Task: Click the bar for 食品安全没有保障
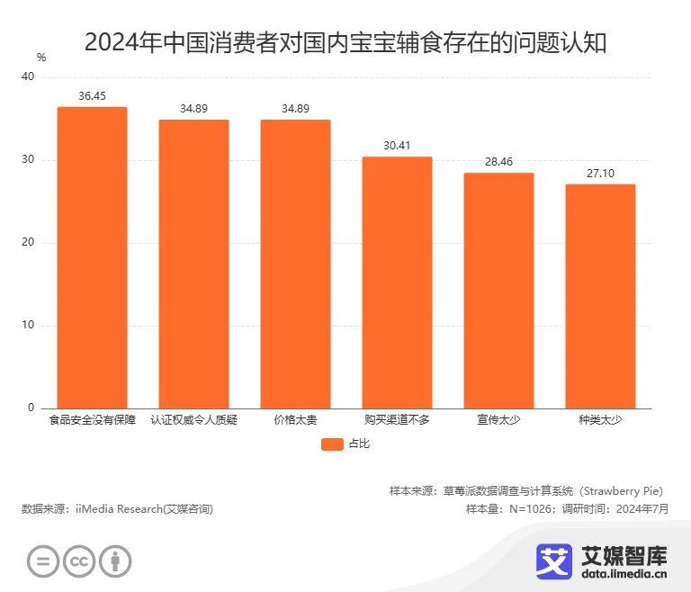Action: click(x=92, y=258)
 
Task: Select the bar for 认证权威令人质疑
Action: click(x=193, y=265)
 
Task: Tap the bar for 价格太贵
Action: click(x=295, y=265)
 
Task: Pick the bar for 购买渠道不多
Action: click(x=397, y=283)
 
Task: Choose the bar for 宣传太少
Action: click(x=498, y=291)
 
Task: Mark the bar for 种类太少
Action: click(x=600, y=297)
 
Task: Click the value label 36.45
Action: click(x=92, y=95)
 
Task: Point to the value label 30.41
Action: click(x=397, y=145)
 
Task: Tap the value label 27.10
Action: click(x=600, y=173)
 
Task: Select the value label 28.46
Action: click(x=498, y=161)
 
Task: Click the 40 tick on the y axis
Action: click(x=28, y=77)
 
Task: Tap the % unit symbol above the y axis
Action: click(x=41, y=57)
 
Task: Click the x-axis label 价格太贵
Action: click(x=295, y=419)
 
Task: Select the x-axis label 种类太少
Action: click(x=600, y=419)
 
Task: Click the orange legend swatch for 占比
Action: click(x=332, y=444)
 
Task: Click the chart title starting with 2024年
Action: click(x=345, y=41)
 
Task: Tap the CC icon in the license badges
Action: click(x=79, y=561)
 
